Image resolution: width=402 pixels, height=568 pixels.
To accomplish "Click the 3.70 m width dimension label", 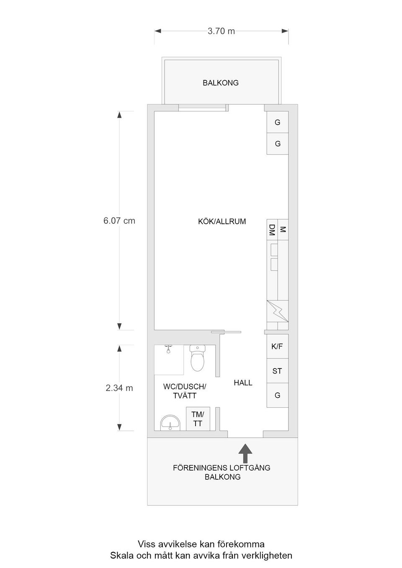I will pos(221,31).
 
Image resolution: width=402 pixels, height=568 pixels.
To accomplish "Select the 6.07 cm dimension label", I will pos(119,220).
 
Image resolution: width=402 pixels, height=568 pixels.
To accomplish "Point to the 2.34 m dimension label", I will pos(119,388).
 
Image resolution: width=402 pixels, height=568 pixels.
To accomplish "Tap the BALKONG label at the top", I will pos(221,83).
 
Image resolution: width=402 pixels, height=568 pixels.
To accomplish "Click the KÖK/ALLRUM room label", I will pos(222,221).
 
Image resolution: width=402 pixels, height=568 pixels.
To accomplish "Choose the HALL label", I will pos(243,383).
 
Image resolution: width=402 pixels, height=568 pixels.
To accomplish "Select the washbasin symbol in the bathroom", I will pos(170,423).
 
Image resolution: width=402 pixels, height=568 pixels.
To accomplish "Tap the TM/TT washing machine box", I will pos(198,419).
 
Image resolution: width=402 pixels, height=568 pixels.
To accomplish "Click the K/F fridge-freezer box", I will pos(277,346).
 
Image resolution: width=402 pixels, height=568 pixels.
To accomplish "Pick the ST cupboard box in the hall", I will pos(277,371).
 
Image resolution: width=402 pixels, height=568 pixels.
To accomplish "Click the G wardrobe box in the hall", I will pos(277,395).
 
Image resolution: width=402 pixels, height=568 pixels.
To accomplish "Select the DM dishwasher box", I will pos(272,230).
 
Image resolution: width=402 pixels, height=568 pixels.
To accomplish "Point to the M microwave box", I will pos(283,230).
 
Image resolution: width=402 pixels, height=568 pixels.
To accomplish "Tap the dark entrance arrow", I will pos(245,453).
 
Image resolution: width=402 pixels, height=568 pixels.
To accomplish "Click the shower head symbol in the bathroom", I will pos(168,348).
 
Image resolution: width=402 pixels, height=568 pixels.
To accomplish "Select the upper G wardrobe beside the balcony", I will pos(277,123).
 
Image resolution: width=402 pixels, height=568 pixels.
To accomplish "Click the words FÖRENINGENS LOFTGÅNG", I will pos(222,468).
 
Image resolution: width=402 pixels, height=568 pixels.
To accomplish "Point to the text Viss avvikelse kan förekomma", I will pos(201,544).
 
